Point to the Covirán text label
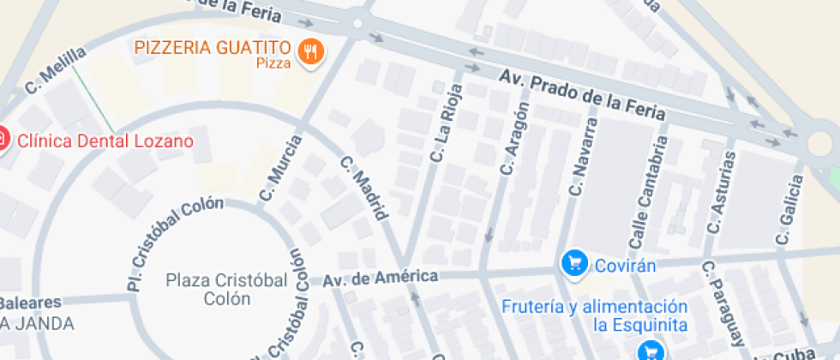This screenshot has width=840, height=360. click(x=626, y=265)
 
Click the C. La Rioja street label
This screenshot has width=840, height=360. click(x=447, y=122)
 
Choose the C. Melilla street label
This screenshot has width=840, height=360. click(x=56, y=69)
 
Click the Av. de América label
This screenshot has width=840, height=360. click(x=380, y=278)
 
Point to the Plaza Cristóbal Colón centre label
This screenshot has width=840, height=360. click(x=208, y=289)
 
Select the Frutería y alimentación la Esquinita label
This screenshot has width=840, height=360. click(x=594, y=315)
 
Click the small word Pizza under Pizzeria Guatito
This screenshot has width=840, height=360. click(x=273, y=63)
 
